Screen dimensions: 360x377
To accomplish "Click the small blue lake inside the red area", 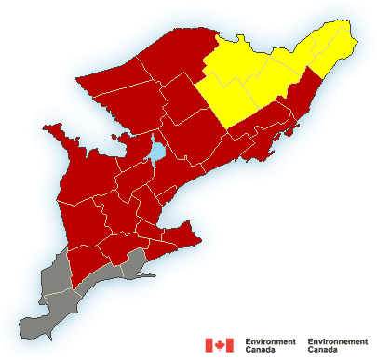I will (158, 149).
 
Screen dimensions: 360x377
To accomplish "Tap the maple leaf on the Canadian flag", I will (220, 346).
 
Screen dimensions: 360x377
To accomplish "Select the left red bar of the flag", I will (209, 346).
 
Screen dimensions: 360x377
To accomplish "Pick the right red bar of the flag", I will (230, 346).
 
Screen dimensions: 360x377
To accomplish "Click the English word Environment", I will (271, 341).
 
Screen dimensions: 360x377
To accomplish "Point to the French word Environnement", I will (340, 341).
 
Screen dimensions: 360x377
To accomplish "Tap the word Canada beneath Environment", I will (262, 352).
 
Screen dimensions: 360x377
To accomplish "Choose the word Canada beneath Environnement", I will (324, 352).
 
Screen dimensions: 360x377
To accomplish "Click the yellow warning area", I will (270, 74).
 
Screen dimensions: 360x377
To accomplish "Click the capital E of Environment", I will (248, 341).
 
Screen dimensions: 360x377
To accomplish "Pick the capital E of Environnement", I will (310, 341).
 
